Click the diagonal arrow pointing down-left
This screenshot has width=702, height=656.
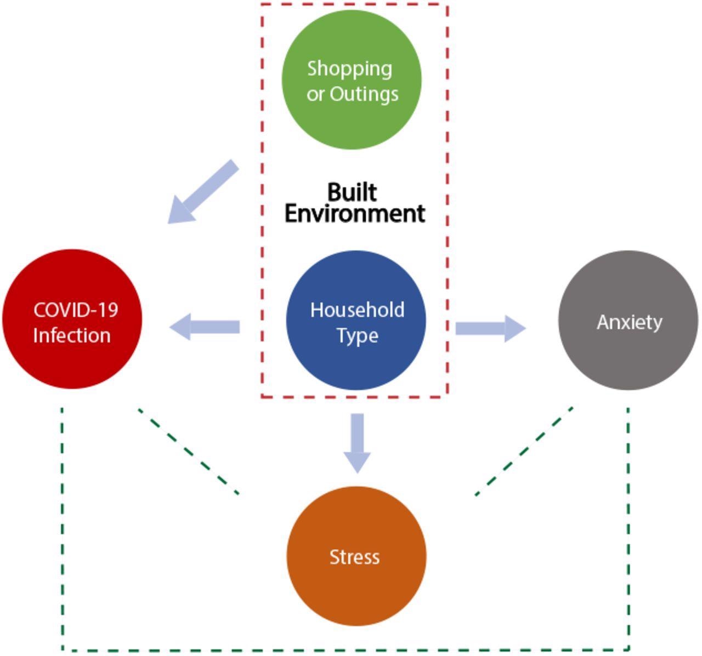point(203,192)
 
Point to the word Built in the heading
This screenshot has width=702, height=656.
point(352,192)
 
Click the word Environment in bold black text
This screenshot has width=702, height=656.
point(355,213)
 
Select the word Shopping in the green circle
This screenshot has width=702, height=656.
point(349,69)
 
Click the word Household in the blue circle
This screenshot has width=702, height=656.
point(357,310)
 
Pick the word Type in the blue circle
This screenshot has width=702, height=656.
point(357,335)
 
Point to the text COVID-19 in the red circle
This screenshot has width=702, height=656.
point(76,310)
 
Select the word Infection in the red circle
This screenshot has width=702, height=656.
point(72,335)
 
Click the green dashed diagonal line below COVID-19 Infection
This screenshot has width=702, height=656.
point(189,451)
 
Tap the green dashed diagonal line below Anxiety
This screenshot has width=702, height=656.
point(524,451)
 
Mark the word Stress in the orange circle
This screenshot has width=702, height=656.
point(354,557)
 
